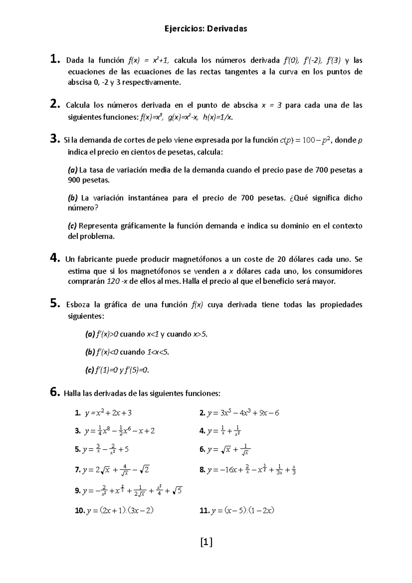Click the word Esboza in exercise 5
[77, 305]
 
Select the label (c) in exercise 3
[72, 226]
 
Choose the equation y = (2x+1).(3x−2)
[120, 511]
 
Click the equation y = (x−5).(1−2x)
[243, 511]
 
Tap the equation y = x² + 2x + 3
[108, 413]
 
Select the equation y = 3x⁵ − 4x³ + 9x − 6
[243, 413]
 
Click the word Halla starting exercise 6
[72, 393]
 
